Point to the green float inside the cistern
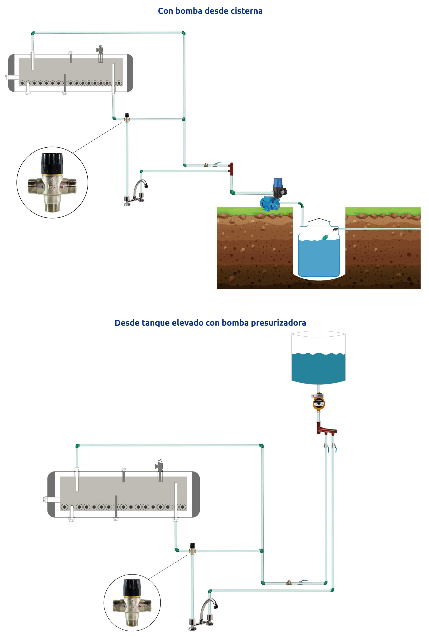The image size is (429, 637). pos(325,237)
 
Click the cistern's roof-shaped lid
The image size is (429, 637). pos(319,220)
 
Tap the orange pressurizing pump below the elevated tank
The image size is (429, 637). pos(319,403)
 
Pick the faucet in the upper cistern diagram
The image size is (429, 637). pos(137,193)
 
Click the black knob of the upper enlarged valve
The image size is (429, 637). pos(52,163)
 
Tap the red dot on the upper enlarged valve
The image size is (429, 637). pos(62,188)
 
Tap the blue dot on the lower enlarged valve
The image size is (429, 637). pos(125,606)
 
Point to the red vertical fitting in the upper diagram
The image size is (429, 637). pos(232,169)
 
